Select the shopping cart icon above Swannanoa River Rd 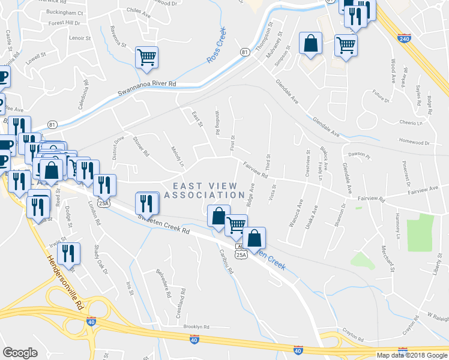point(147,57)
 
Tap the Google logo point(20,353)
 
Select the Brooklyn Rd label point(196,327)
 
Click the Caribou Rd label point(226,262)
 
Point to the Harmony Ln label point(397,222)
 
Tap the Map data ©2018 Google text point(411,355)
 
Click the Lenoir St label point(80,38)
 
